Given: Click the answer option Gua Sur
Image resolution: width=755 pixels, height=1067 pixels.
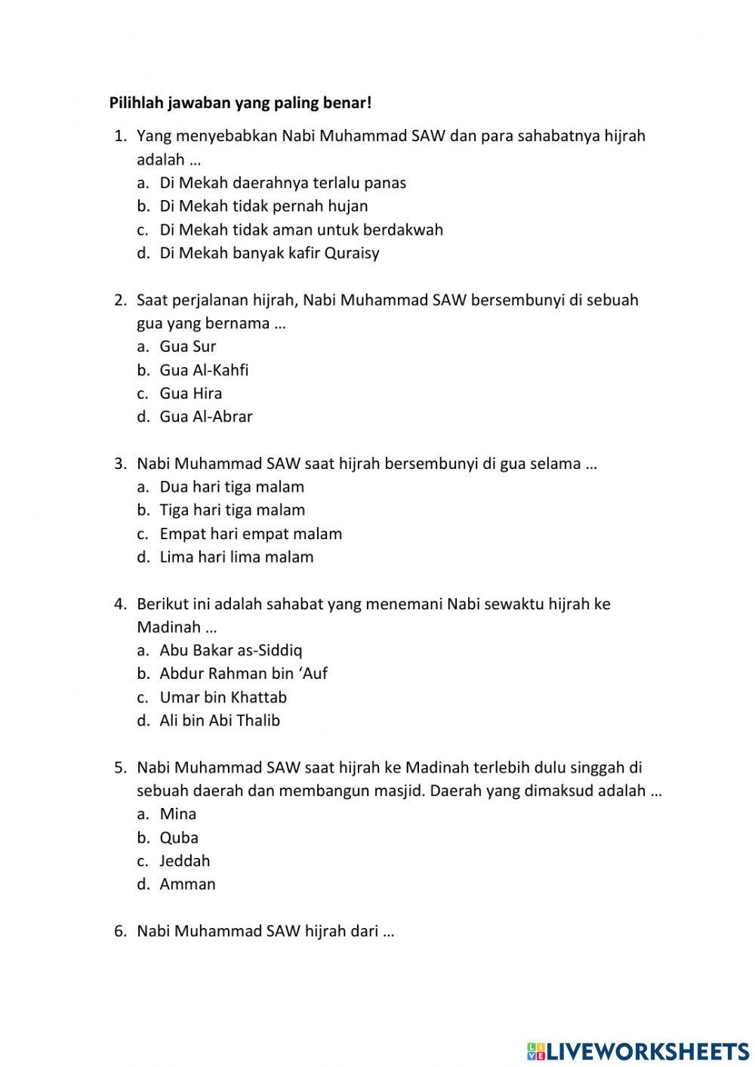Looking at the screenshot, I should click(187, 347).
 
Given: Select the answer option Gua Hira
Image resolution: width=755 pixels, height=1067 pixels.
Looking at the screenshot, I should click(190, 393).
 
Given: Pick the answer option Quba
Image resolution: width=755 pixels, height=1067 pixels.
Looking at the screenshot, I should click(179, 837).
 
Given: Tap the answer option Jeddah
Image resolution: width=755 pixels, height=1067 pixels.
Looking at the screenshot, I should click(184, 861).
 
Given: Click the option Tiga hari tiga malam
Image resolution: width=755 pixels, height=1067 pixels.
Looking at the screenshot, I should click(232, 510).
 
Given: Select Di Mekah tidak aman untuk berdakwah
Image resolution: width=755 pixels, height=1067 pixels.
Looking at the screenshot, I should click(300, 230).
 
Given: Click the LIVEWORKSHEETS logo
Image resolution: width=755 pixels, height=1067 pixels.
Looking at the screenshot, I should click(638, 1050).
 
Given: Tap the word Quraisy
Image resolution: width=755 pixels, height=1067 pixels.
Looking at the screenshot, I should click(352, 253).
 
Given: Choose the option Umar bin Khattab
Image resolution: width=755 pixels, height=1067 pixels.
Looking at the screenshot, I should click(223, 697).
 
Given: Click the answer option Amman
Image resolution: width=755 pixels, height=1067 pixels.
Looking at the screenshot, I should click(187, 884).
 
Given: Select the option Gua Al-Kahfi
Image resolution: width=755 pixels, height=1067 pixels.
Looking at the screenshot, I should click(204, 370).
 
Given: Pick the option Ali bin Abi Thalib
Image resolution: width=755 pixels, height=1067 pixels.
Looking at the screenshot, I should click(220, 720).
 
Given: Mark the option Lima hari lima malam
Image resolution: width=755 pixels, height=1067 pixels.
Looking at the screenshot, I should click(236, 557).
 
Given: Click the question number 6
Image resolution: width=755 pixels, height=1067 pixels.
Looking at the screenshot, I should click(120, 931).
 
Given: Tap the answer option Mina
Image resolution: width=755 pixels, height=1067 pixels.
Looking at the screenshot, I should click(178, 814).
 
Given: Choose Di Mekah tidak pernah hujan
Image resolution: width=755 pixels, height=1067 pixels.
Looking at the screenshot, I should click(263, 206).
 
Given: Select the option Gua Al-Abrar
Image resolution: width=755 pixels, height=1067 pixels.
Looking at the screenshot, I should click(206, 417).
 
